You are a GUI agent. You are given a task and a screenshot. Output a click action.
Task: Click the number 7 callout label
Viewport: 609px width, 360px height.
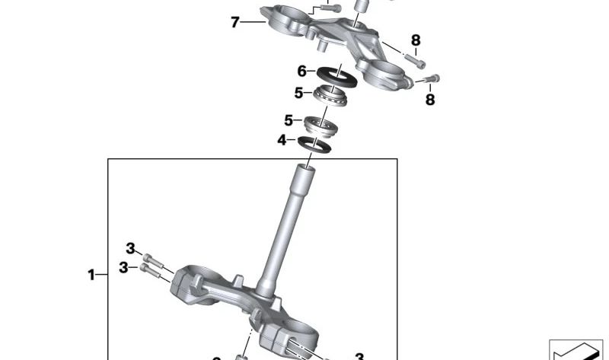coord(235,22)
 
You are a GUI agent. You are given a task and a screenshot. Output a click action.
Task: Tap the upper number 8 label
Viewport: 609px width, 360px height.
coord(416,40)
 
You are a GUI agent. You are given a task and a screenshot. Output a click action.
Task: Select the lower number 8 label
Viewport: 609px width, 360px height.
coord(430,99)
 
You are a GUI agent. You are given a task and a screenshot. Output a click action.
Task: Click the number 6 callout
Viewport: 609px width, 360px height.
coord(302,71)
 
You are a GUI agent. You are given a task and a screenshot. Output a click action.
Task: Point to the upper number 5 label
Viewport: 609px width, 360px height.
coord(299,94)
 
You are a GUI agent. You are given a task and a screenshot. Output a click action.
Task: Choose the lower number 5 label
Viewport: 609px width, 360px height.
coord(289,120)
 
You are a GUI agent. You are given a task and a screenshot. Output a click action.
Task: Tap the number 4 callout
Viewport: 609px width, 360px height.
coord(282,140)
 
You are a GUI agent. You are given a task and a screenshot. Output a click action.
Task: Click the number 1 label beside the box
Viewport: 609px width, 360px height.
coord(91,274)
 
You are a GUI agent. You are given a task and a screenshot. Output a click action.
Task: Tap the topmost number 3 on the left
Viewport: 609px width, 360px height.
coord(130,248)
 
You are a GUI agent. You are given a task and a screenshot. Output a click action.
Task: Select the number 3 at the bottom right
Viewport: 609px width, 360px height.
coord(359,355)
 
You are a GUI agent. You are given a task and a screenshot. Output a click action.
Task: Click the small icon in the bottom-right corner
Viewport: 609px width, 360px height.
coord(576,350)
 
